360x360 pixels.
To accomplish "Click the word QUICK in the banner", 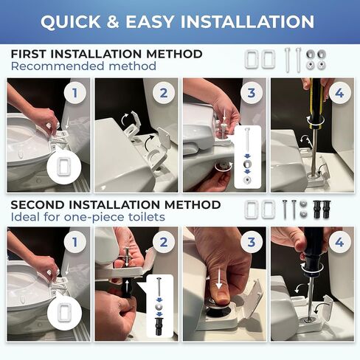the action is pyautogui.click(x=71, y=21).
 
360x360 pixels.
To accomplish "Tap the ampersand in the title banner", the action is pyautogui.click(x=113, y=21).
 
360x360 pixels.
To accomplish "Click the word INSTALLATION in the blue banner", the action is pyautogui.click(x=247, y=21).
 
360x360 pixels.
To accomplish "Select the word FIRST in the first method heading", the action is pyautogui.click(x=30, y=54).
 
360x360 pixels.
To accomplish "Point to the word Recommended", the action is pyautogui.click(x=58, y=66).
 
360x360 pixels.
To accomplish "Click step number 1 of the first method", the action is pyautogui.click(x=75, y=93).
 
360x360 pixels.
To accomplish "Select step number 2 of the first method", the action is pyautogui.click(x=164, y=93).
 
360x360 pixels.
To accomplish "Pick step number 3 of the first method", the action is pyautogui.click(x=252, y=93).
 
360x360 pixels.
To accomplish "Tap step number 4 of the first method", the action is pyautogui.click(x=339, y=93).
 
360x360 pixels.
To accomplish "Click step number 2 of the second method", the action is pyautogui.click(x=164, y=242).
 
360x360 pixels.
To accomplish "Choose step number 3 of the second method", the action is pyautogui.click(x=252, y=242).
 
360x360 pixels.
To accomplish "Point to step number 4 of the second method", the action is pyautogui.click(x=339, y=242).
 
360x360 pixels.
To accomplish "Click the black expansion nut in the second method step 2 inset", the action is pyautogui.click(x=159, y=326).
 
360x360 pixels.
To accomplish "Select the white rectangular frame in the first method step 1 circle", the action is pyautogui.click(x=64, y=166).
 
